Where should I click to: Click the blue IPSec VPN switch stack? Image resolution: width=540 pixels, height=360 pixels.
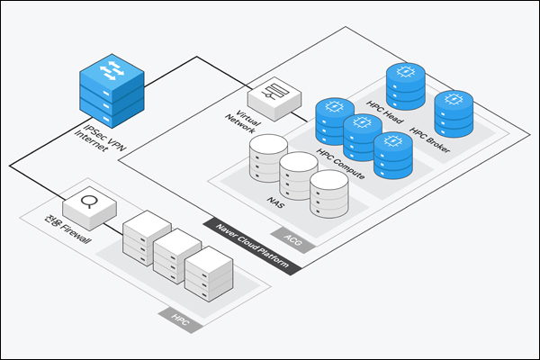click(112, 91)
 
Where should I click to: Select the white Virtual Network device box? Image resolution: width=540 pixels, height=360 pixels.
click(274, 99)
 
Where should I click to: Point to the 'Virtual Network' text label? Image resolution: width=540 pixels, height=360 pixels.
click(243, 122)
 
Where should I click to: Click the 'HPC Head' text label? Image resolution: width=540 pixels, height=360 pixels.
click(384, 112)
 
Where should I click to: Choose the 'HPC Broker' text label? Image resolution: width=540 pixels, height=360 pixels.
click(430, 139)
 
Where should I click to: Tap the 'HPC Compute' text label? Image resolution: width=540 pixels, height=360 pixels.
click(340, 164)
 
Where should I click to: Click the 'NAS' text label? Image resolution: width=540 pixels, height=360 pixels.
click(275, 202)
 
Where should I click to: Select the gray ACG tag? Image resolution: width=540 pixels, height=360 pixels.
click(292, 240)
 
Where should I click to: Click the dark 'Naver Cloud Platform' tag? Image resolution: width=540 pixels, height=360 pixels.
click(252, 246)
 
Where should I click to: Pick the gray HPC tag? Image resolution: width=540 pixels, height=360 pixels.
click(181, 320)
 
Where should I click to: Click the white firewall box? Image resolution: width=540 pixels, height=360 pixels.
click(89, 208)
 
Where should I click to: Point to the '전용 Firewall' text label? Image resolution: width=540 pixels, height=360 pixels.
click(68, 229)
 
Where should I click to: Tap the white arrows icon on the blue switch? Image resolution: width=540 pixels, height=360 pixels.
click(112, 70)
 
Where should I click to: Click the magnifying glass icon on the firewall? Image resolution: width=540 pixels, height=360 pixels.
click(86, 202)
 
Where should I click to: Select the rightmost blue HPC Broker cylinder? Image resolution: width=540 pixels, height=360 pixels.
click(454, 113)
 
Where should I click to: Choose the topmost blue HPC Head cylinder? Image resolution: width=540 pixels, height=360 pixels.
click(406, 86)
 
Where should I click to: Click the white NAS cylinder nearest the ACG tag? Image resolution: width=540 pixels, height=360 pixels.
click(329, 193)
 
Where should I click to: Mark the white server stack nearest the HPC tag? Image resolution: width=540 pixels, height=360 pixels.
click(209, 274)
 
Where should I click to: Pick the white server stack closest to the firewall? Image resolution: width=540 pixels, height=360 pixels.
click(147, 238)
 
